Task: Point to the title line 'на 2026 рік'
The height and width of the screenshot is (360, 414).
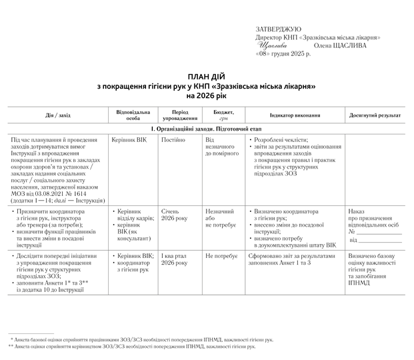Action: (207, 96)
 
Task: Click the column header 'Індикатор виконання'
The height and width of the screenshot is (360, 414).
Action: (294, 115)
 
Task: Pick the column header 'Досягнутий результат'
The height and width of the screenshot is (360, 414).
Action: (375, 115)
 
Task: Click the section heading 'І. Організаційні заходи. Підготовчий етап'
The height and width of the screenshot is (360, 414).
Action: (207, 127)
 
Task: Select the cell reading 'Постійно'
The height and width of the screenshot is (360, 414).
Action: (173, 140)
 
